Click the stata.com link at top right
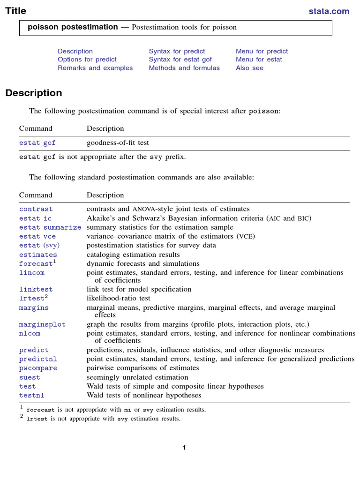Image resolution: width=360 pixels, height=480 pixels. click(329, 11)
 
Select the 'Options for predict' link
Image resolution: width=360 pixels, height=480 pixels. click(87, 60)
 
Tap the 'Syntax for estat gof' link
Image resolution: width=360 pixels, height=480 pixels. click(180, 60)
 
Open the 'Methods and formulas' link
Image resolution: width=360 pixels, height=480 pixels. click(184, 68)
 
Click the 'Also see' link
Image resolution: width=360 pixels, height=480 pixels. click(249, 68)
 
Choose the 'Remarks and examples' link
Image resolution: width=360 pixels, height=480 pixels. click(95, 68)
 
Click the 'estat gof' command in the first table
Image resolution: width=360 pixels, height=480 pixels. click(37, 143)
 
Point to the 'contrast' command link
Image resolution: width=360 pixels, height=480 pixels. click(36, 209)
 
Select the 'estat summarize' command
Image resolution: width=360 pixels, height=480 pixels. click(50, 227)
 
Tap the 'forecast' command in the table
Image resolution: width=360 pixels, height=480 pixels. click(36, 264)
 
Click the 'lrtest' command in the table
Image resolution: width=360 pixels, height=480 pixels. click(31, 298)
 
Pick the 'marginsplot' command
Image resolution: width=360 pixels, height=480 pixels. click(42, 324)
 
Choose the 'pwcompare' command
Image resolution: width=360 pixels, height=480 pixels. click(38, 368)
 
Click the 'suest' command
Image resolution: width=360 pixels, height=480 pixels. click(30, 377)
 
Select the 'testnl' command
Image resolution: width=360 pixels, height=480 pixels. click(31, 396)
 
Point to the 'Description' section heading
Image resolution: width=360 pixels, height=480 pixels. click(34, 93)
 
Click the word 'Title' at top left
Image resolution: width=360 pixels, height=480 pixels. click(15, 11)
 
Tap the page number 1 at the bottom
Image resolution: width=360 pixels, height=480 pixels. click(184, 448)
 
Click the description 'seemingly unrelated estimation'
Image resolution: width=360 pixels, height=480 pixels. click(137, 377)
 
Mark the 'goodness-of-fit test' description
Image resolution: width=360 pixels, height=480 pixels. click(118, 143)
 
